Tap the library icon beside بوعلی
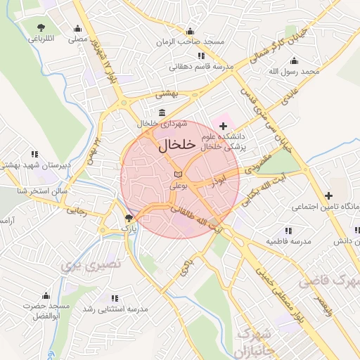tap(178, 174)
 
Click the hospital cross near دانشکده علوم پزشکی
tap(224, 125)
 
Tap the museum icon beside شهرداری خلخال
tap(162, 113)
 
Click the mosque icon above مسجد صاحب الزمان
tap(190, 31)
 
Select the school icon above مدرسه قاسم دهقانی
tap(201, 56)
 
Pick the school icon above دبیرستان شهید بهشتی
tap(34, 154)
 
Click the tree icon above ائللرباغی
tap(40, 28)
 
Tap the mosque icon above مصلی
tap(77, 30)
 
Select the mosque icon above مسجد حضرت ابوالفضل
tap(46, 295)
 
